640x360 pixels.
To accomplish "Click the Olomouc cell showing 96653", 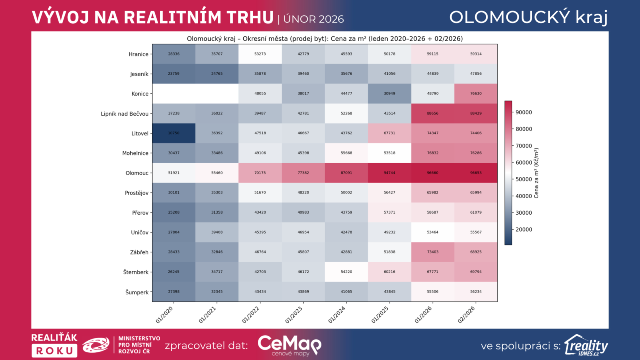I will [x=476, y=173].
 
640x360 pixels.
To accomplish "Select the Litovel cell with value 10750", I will [x=174, y=133].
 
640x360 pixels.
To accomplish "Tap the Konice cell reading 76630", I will [x=476, y=94].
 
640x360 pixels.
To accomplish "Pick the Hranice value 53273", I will [x=260, y=54].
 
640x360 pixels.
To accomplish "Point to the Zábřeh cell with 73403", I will [x=432, y=252].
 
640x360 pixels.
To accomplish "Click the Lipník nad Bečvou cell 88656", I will [x=432, y=114].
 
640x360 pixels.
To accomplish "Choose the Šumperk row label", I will [x=137, y=292].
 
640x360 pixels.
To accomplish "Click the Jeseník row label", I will [x=139, y=74].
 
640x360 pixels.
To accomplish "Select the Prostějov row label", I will [x=136, y=193].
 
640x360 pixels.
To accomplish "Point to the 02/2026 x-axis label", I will [x=466, y=314].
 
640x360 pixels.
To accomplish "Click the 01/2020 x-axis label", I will [x=164, y=314].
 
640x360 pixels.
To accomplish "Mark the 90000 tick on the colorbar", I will [x=524, y=112].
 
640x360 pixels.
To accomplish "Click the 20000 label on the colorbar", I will [x=524, y=230].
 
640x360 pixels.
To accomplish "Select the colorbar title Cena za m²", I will [x=536, y=173].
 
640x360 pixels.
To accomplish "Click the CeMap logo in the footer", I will [x=289, y=345].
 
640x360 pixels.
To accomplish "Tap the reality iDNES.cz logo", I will [x=586, y=345].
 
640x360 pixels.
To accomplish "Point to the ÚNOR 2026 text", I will [x=314, y=19].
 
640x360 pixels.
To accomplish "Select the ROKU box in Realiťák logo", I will [x=54, y=351].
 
